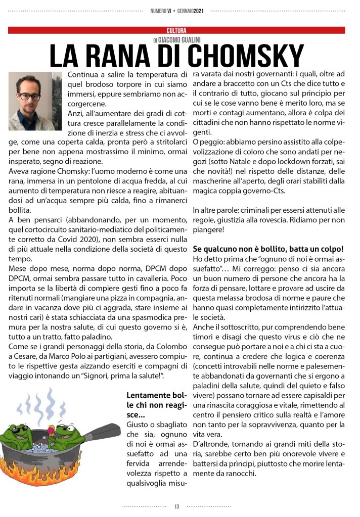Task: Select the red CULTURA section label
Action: pyautogui.click(x=176, y=31)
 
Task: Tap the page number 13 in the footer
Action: pyautogui.click(x=176, y=506)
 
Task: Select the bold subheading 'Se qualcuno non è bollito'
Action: pyautogui.click(x=268, y=249)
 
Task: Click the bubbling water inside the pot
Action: pyautogui.click(x=50, y=447)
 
